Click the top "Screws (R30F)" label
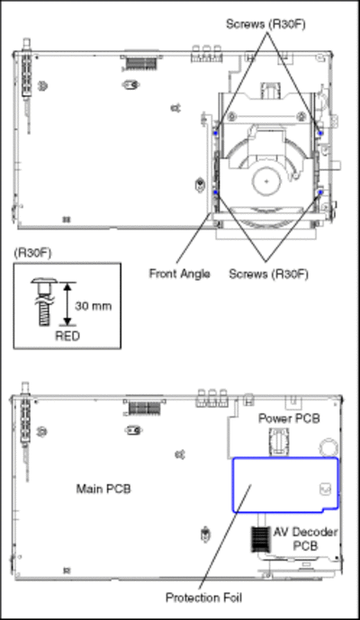point(265,24)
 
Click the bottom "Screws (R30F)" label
point(268,274)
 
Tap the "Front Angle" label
point(179,274)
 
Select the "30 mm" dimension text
point(94,306)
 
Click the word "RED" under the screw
point(67,337)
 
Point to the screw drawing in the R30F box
point(44,302)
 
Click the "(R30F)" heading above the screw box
point(32,253)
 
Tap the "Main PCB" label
point(103,489)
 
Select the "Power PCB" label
point(289,418)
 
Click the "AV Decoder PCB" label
point(305,538)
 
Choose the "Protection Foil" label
point(203,598)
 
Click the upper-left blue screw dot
point(216,133)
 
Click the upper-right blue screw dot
point(320,133)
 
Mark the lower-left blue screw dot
point(216,193)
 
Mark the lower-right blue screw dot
point(320,193)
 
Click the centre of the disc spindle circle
point(266,182)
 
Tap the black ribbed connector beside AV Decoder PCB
point(260,539)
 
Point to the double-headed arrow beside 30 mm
point(67,303)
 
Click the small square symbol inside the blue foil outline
point(324,490)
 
